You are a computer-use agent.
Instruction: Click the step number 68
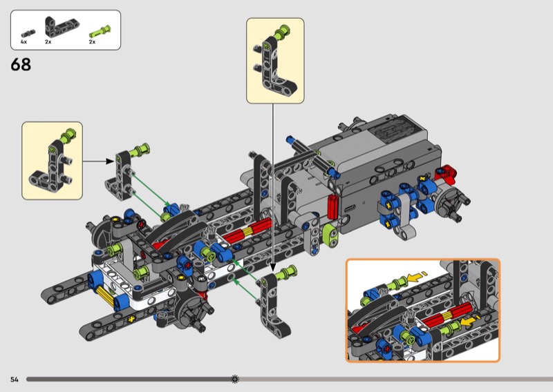[21, 65]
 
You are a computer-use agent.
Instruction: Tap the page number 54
[14, 380]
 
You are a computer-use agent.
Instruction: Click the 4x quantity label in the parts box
[24, 42]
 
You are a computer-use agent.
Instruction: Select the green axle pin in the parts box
[100, 31]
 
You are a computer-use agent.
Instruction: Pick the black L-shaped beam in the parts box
[62, 26]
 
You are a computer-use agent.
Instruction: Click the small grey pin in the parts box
[28, 34]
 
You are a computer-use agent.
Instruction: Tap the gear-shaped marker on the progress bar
[235, 379]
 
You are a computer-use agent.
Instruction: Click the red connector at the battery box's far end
[446, 173]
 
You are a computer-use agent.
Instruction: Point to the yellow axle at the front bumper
[105, 295]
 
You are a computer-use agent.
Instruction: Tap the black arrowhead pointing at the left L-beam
[110, 161]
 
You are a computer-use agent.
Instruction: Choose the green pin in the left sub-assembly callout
[68, 135]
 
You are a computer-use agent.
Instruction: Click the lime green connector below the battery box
[330, 233]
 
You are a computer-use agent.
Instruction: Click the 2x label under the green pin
[92, 42]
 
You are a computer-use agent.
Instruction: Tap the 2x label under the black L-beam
[48, 42]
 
